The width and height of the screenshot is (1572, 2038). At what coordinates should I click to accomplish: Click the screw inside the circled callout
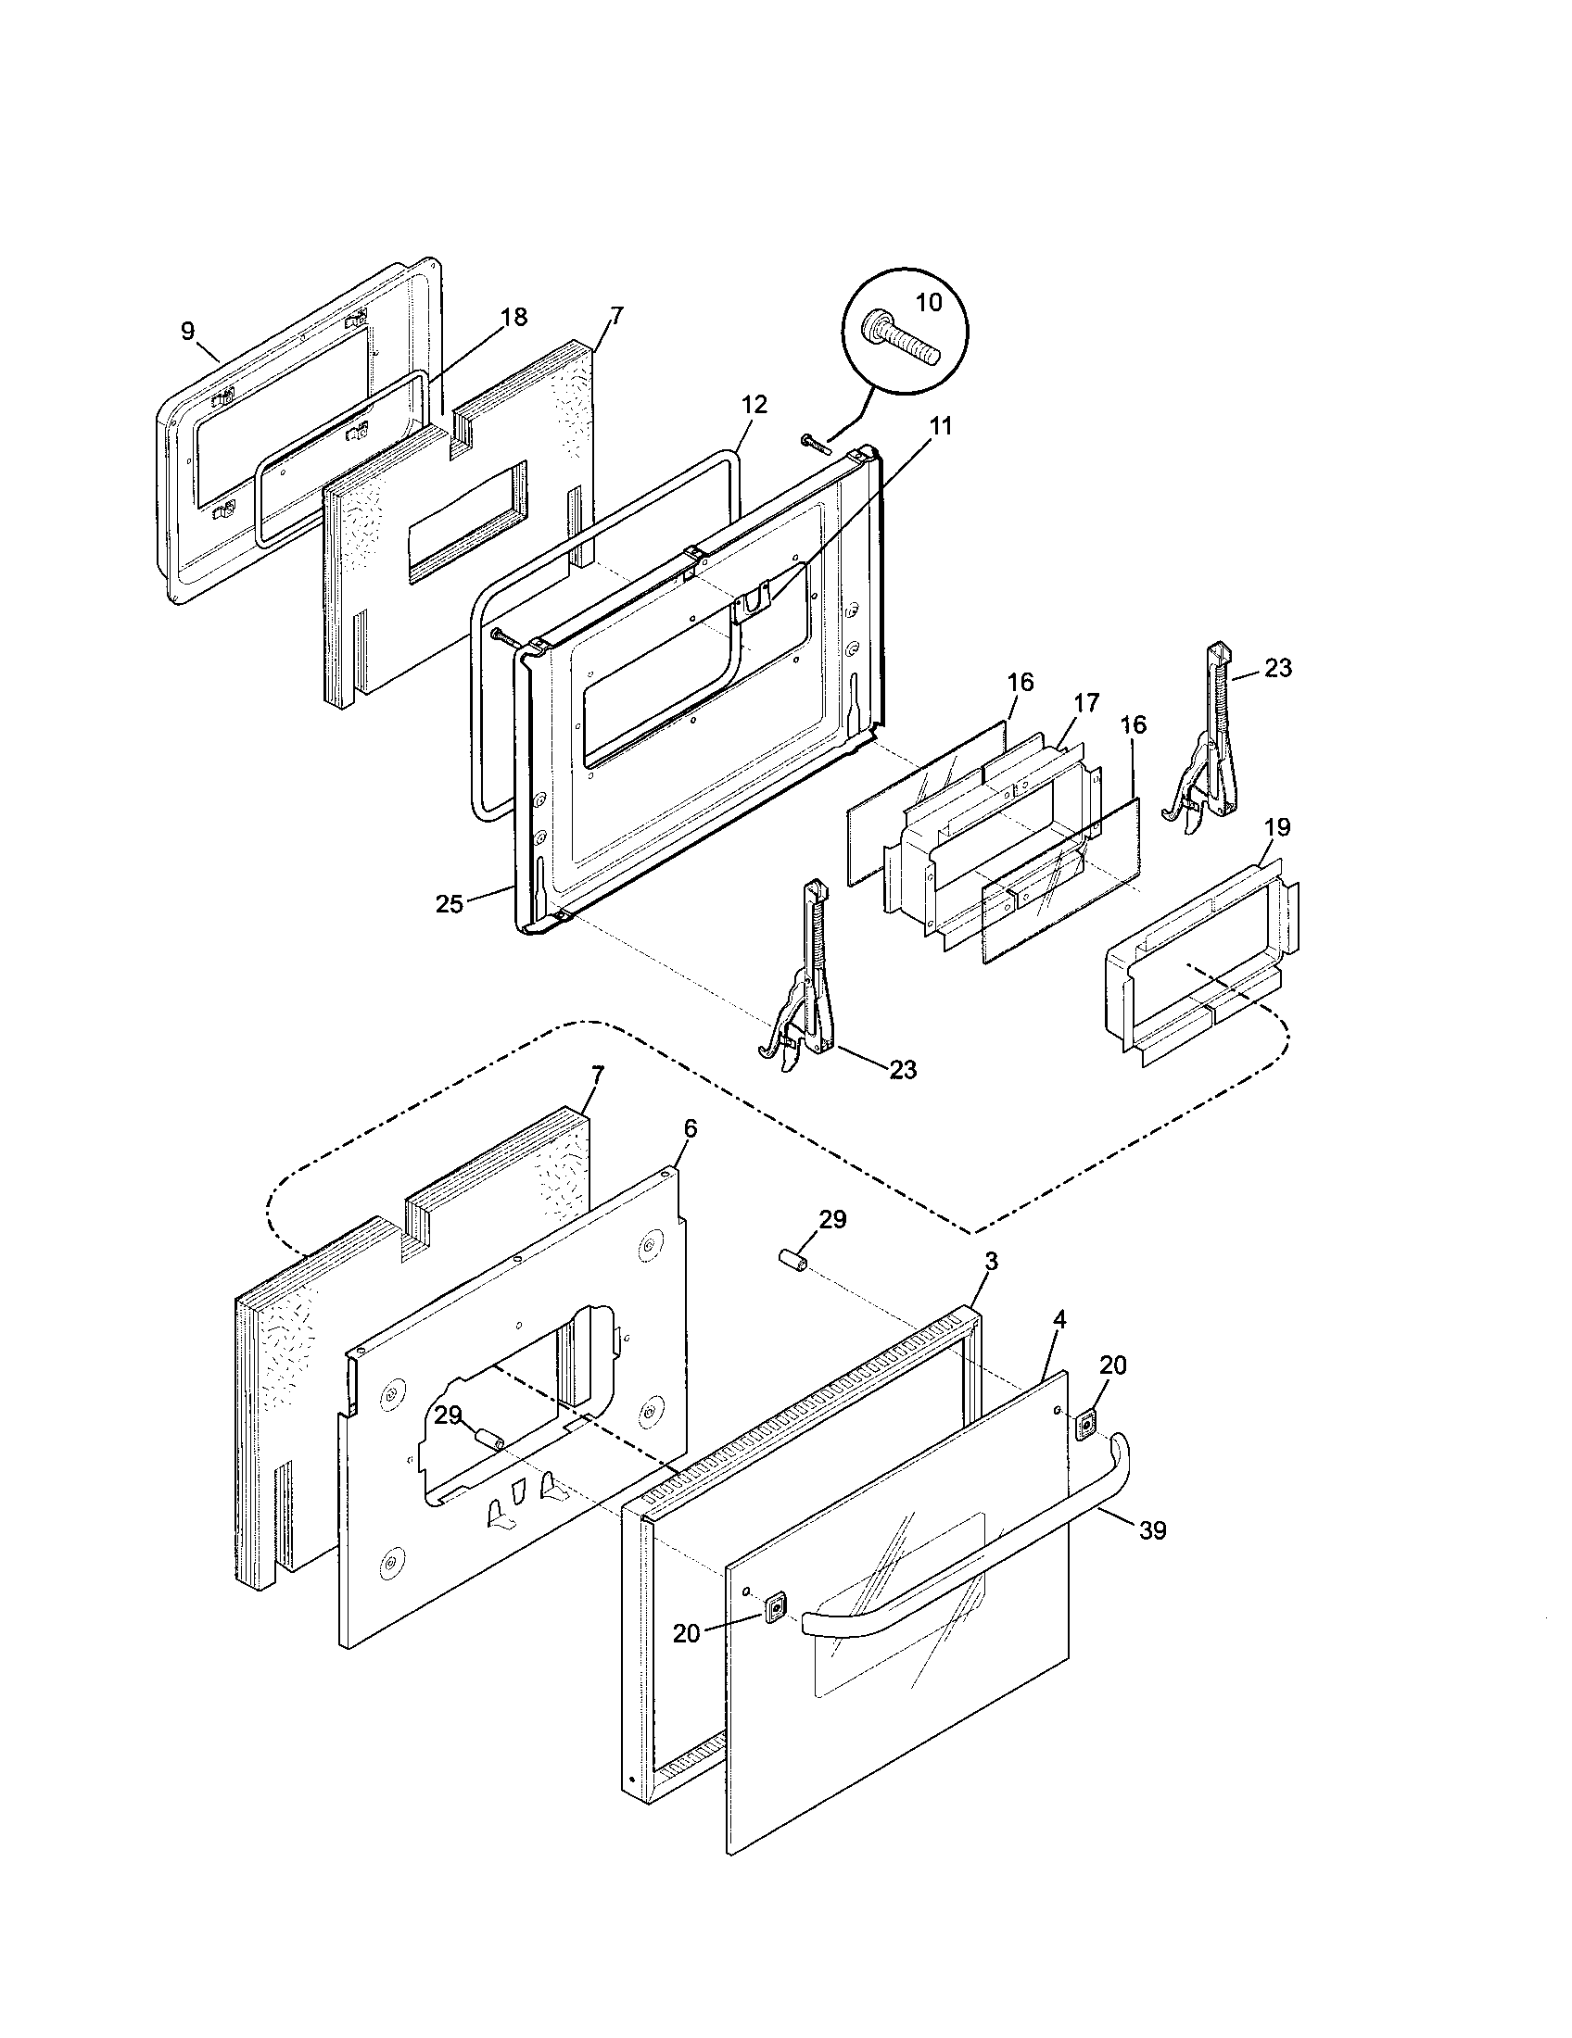point(904,340)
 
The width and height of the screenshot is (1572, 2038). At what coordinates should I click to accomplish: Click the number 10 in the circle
point(928,302)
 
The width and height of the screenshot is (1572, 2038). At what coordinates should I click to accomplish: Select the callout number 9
point(187,332)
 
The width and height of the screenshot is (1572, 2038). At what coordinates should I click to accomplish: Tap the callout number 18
point(513,316)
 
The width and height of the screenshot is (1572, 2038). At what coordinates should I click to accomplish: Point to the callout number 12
point(754,405)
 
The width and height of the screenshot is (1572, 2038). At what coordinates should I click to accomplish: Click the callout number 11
point(941,426)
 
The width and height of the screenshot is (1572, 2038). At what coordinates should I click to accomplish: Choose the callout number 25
point(449,903)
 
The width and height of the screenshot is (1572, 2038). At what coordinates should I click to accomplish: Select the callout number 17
point(1085,702)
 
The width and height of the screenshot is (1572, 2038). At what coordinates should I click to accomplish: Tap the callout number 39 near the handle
point(1153,1530)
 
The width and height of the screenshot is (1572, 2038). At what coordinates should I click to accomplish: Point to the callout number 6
point(690,1128)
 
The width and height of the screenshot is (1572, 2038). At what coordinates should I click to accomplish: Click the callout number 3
point(992,1262)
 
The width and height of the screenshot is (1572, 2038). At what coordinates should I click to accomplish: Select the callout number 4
point(1059,1319)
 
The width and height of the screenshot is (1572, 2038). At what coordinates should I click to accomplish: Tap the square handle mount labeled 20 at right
point(1085,1424)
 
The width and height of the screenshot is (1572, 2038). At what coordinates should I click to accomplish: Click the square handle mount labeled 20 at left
point(774,1607)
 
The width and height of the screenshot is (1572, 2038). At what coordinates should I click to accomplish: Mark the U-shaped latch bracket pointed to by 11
point(753,602)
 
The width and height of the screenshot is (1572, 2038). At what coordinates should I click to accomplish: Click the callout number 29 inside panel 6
point(448,1415)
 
